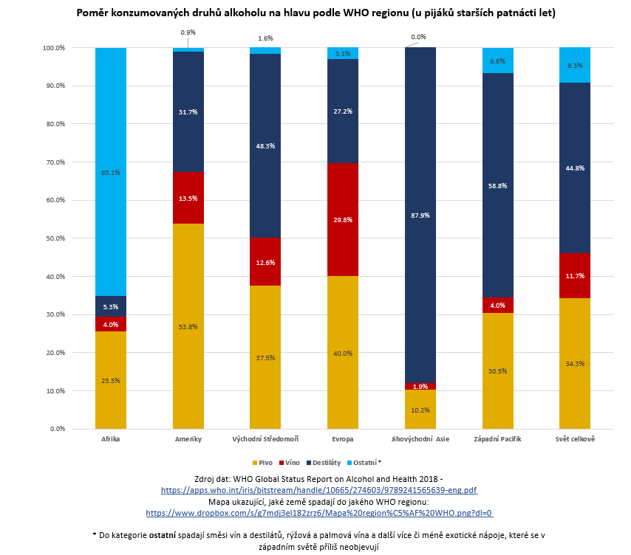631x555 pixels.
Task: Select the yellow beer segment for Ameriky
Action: pos(188,325)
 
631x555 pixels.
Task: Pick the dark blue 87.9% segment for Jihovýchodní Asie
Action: pos(420,215)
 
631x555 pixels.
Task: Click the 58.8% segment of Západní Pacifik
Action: pos(497,185)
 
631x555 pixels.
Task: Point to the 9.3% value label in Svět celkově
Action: pos(575,65)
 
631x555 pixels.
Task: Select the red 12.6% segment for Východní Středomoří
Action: pos(265,261)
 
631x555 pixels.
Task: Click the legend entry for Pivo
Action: pos(262,463)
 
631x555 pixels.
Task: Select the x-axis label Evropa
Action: pos(343,439)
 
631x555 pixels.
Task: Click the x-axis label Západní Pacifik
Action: pos(497,439)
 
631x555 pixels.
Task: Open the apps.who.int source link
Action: pos(319,489)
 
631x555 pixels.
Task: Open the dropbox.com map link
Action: pos(319,512)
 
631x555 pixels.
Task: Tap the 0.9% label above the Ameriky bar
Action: pos(188,32)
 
